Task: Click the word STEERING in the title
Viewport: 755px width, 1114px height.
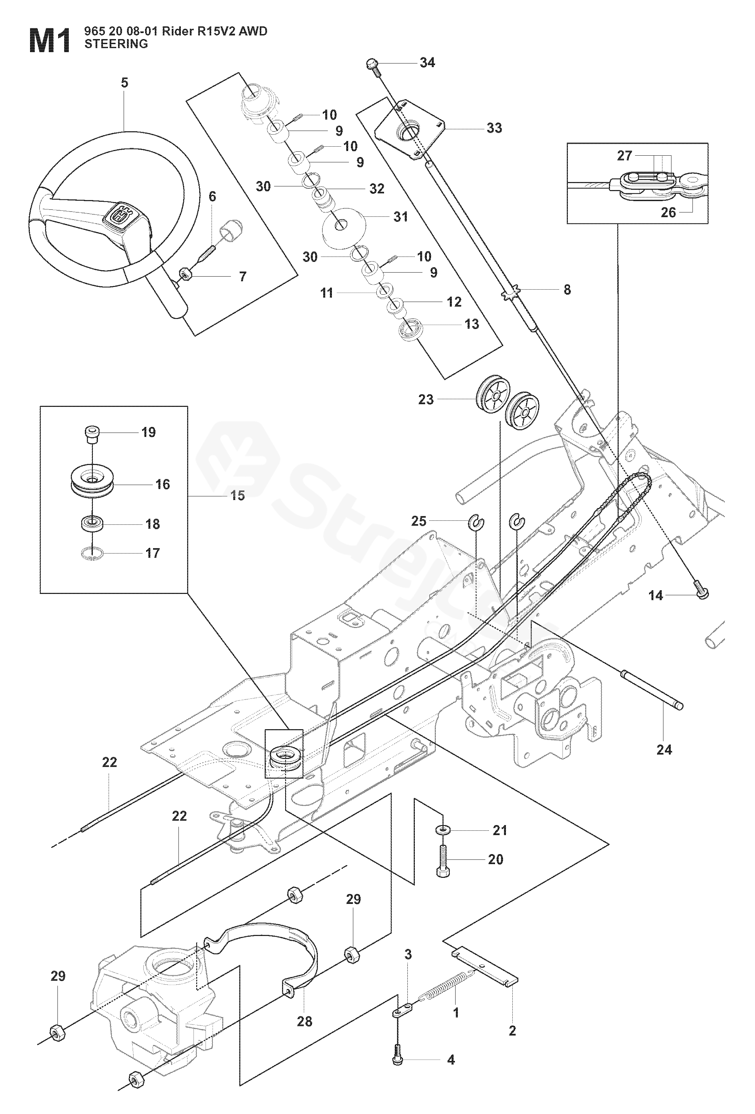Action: pos(116,44)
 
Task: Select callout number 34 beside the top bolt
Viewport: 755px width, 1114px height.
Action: pos(427,62)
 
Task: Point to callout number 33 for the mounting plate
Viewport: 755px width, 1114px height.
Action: pos(494,128)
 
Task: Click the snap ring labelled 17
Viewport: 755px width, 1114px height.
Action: pos(92,553)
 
